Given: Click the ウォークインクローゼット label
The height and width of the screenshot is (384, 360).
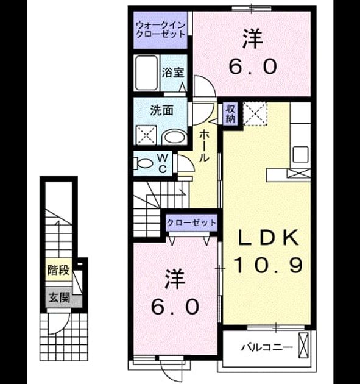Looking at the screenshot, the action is [x=161, y=29].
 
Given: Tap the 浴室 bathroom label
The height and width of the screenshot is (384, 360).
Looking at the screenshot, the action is [x=173, y=73].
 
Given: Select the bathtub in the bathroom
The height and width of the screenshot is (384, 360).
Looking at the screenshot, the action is [x=146, y=73].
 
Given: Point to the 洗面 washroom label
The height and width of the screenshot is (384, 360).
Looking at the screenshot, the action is [x=162, y=111].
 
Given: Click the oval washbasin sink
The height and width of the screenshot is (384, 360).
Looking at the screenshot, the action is [x=174, y=137].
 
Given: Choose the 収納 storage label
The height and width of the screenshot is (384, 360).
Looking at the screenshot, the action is [x=230, y=113].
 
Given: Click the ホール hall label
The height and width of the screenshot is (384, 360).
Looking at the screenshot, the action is [x=203, y=146].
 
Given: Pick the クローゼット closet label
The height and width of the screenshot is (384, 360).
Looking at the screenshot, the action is [x=191, y=223].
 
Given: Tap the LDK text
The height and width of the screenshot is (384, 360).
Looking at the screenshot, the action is [x=269, y=238].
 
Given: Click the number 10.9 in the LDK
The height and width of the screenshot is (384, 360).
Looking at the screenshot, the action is [x=269, y=265].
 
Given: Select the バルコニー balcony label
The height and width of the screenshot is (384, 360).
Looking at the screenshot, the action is [x=267, y=347].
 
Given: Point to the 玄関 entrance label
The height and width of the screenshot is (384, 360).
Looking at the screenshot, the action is [x=60, y=297].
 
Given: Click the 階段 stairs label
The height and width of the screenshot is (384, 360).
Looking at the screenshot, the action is [x=58, y=270].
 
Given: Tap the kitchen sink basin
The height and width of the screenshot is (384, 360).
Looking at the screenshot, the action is [x=300, y=154].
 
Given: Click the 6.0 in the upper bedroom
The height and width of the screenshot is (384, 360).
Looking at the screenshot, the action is [x=253, y=66].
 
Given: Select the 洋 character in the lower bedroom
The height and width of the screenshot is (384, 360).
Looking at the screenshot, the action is [x=175, y=279].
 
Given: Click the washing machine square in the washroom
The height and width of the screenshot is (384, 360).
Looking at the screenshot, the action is [x=146, y=135].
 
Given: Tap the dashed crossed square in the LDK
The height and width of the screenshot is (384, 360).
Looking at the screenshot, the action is [x=255, y=114].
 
